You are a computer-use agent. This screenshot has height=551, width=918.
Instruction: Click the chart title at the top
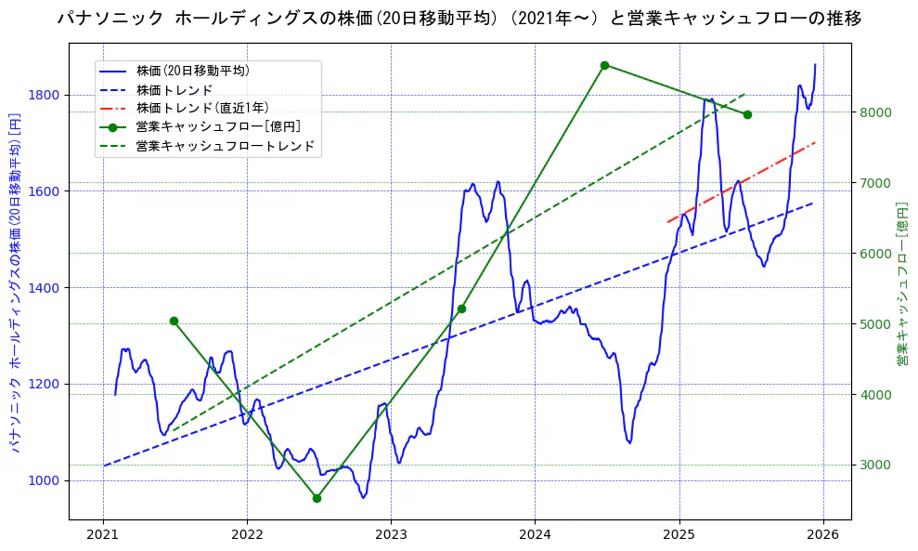click(x=459, y=18)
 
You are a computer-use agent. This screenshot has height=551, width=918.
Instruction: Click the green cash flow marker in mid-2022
click(x=317, y=498)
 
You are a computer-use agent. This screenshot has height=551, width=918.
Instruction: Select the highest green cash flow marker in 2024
click(x=604, y=65)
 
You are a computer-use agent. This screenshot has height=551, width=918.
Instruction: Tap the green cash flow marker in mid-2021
click(x=174, y=321)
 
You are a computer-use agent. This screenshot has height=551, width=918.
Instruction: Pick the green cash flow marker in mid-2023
click(x=461, y=308)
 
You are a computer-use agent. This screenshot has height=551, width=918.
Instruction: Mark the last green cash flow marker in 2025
click(x=747, y=114)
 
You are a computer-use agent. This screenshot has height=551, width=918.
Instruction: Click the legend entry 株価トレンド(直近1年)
click(x=199, y=108)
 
